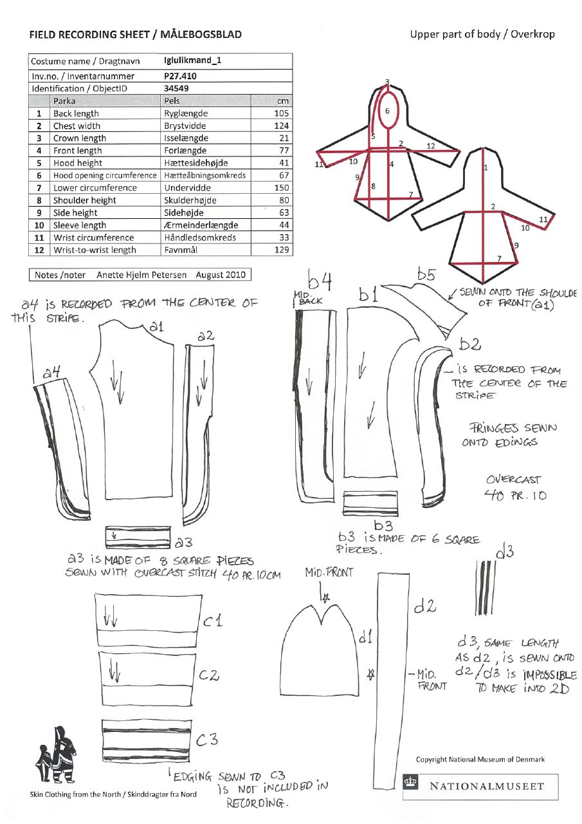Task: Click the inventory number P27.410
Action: (x=181, y=76)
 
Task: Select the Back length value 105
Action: (x=282, y=113)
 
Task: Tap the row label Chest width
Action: (x=77, y=126)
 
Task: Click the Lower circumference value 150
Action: (x=282, y=188)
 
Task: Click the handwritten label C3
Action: (x=207, y=740)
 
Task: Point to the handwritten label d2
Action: (x=425, y=606)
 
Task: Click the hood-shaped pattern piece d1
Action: (x=325, y=650)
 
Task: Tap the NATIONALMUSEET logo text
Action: (x=487, y=787)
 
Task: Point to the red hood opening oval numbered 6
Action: (x=388, y=110)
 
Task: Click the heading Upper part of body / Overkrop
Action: (x=482, y=34)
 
